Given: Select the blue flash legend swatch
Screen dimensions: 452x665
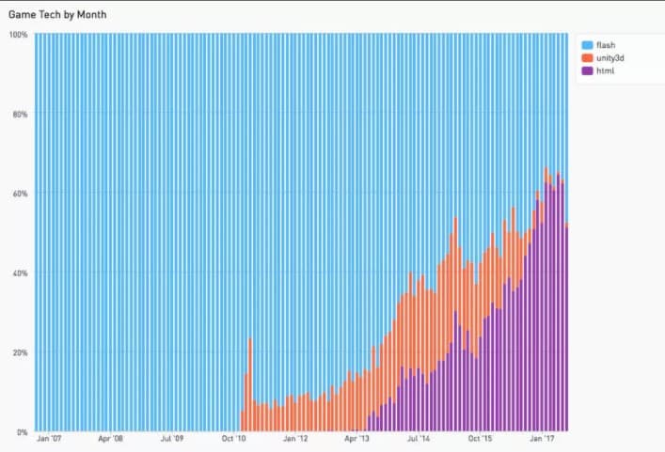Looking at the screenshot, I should [587, 44].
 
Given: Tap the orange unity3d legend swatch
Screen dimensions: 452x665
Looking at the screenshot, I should [587, 57].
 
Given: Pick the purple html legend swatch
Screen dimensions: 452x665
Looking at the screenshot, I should [587, 70].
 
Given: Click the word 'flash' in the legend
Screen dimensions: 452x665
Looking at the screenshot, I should [605, 44].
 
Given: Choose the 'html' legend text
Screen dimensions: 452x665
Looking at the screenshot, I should [605, 70].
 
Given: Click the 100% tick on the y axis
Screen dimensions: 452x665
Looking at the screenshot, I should [17, 35].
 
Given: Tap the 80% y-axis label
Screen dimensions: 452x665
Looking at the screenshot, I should [19, 115].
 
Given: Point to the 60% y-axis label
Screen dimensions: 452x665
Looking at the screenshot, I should [19, 194].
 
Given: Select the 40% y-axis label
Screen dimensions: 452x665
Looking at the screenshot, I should [19, 273].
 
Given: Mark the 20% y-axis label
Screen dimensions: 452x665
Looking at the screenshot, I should [19, 352].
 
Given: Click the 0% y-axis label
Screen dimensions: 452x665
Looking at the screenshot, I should [22, 432].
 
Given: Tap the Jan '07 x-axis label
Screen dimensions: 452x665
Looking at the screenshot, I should [49, 439].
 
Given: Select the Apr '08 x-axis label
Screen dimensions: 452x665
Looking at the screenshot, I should [110, 439].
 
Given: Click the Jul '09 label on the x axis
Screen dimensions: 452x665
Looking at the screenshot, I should [172, 439].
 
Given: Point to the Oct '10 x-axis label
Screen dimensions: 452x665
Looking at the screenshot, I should [233, 439].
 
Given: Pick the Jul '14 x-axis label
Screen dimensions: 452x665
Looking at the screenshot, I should [419, 439].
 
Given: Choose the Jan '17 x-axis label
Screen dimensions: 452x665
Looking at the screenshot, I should [542, 439].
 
